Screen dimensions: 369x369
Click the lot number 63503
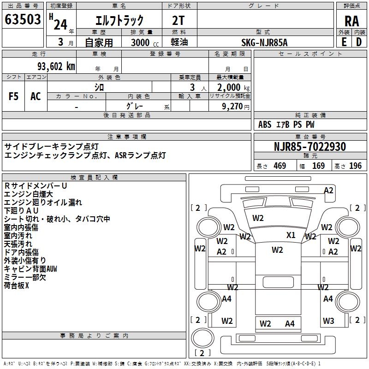[23, 20]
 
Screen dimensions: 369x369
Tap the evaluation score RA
[351, 21]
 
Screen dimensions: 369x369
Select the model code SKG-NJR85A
[265, 42]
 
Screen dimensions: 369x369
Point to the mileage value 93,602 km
[56, 66]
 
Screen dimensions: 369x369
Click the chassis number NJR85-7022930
[310, 147]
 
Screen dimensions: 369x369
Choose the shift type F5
[14, 96]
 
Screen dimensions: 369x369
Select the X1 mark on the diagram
[291, 235]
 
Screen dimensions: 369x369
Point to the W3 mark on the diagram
[328, 321]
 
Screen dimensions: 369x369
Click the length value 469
[280, 166]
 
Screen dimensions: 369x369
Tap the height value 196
[355, 166]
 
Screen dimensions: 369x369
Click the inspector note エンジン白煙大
[28, 194]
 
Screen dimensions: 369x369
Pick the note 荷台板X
[17, 285]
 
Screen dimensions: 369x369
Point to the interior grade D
[359, 42]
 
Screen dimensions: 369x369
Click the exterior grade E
[344, 42]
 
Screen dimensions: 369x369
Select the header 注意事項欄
[127, 137]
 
